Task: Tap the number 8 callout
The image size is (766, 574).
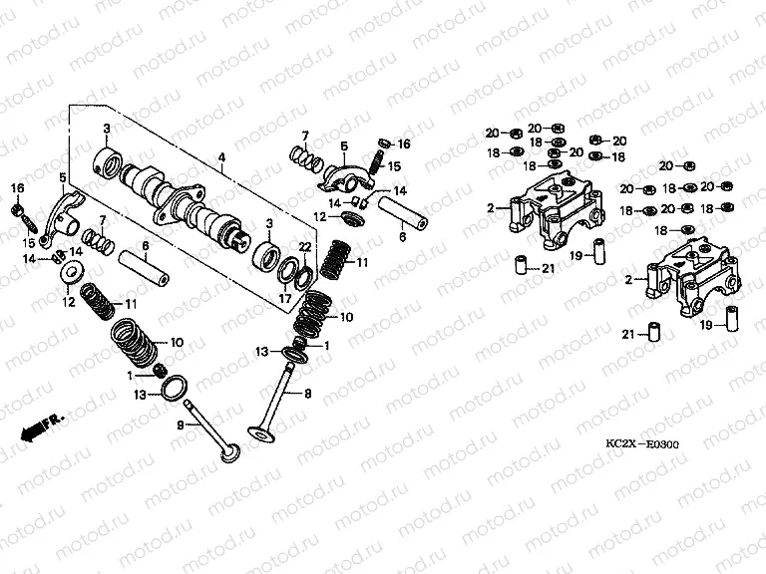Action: pyautogui.click(x=307, y=395)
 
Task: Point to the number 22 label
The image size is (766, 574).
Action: pyautogui.click(x=306, y=247)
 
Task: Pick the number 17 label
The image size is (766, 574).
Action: pyautogui.click(x=285, y=296)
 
